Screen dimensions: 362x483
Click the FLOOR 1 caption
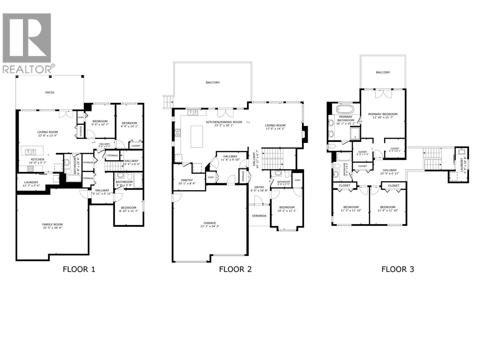click(79, 269)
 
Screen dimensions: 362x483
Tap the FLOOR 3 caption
click(398, 269)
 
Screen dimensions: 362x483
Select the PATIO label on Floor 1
click(50, 93)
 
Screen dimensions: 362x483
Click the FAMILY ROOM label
click(52, 224)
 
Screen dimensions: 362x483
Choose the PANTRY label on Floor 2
click(187, 180)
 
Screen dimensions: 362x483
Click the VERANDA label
click(259, 216)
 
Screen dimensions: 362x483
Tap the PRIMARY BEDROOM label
click(383, 114)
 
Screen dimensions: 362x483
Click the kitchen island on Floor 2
click(197, 137)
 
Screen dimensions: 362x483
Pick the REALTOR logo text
click(29, 69)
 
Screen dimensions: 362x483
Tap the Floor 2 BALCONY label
click(213, 82)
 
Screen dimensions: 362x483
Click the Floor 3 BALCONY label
click(383, 72)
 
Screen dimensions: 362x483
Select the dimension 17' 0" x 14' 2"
click(275, 129)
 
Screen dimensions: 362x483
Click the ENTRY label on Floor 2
click(259, 187)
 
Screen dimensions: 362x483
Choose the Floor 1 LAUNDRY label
click(31, 182)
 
